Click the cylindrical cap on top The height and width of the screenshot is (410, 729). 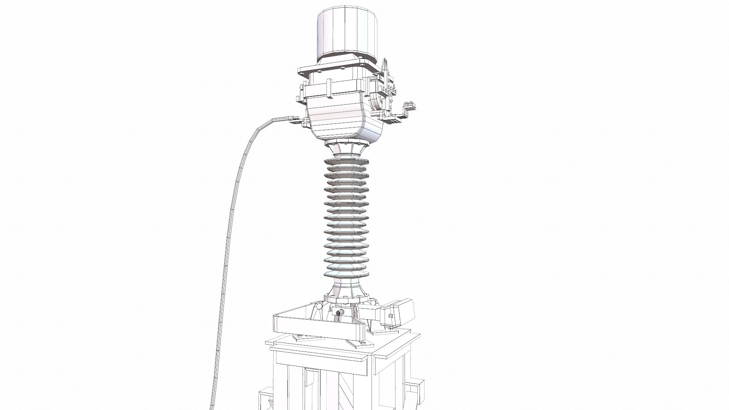click(x=348, y=32)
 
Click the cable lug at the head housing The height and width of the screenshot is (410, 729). click(x=292, y=122)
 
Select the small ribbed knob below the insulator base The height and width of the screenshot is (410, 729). click(x=338, y=312)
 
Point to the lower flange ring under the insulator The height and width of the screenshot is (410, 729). click(x=346, y=298)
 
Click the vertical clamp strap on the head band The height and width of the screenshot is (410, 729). click(x=329, y=87)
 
